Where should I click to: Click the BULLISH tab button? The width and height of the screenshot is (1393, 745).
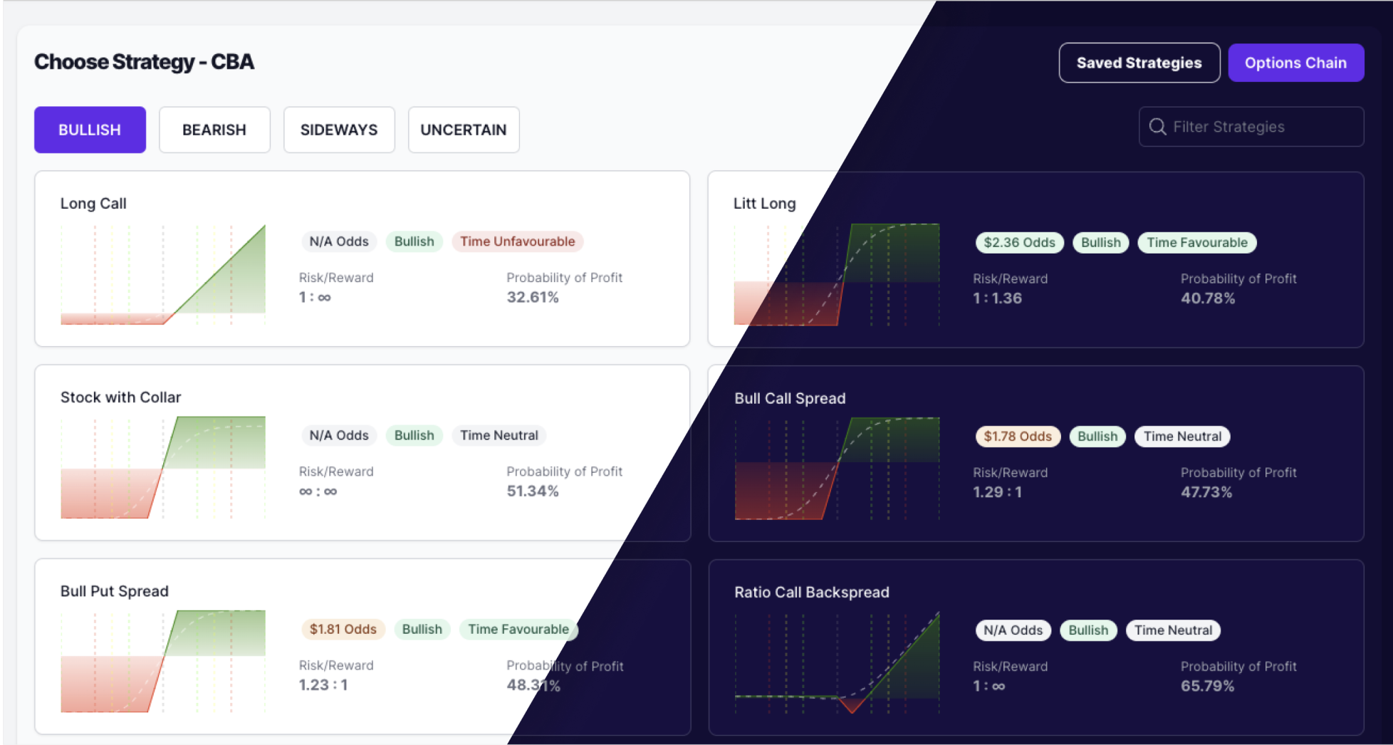[90, 130]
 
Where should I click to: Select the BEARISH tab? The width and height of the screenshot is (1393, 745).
[214, 130]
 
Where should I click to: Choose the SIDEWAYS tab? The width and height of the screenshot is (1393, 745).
[339, 130]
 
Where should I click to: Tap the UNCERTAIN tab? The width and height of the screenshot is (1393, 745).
[464, 130]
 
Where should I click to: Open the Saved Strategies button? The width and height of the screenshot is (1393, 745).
[1139, 63]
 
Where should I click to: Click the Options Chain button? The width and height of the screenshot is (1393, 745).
[1295, 63]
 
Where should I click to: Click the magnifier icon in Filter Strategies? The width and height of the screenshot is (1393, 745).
[1158, 127]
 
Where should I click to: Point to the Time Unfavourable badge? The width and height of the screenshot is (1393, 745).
[517, 241]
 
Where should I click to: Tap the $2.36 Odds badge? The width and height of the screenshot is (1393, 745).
[1019, 243]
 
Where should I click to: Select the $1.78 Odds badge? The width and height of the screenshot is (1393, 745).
[1018, 437]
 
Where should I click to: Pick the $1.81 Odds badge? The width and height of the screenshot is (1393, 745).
[343, 630]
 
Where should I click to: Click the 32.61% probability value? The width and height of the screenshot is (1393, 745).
[533, 298]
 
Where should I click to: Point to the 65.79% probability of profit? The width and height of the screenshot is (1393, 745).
[1207, 687]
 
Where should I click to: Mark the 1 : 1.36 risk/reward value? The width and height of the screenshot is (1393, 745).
[997, 298]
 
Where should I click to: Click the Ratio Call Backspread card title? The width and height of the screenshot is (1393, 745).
[811, 593]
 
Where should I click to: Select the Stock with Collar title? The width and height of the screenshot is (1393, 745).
[120, 397]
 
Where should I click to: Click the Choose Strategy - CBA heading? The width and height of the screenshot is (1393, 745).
[144, 62]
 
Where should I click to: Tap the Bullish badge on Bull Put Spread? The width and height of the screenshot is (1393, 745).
[422, 630]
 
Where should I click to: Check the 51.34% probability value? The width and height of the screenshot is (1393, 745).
[533, 491]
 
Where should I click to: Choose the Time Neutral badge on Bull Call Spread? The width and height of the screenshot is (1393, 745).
[1182, 437]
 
